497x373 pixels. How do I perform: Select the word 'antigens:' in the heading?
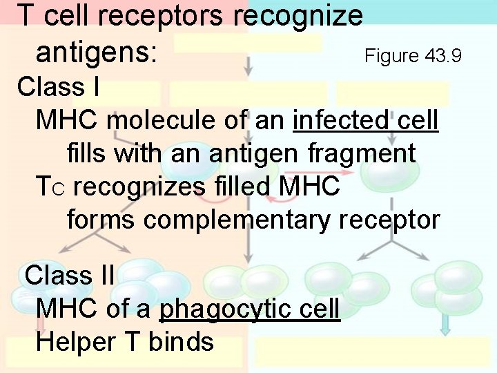(x=96, y=52)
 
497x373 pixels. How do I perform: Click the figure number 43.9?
(x=443, y=55)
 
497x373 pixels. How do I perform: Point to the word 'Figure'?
(x=391, y=55)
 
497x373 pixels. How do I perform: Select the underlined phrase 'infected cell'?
(x=366, y=120)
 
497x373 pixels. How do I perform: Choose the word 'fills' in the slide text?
(x=87, y=153)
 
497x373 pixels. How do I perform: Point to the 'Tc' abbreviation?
(x=50, y=187)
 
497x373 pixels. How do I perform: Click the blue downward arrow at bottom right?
(x=445, y=324)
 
